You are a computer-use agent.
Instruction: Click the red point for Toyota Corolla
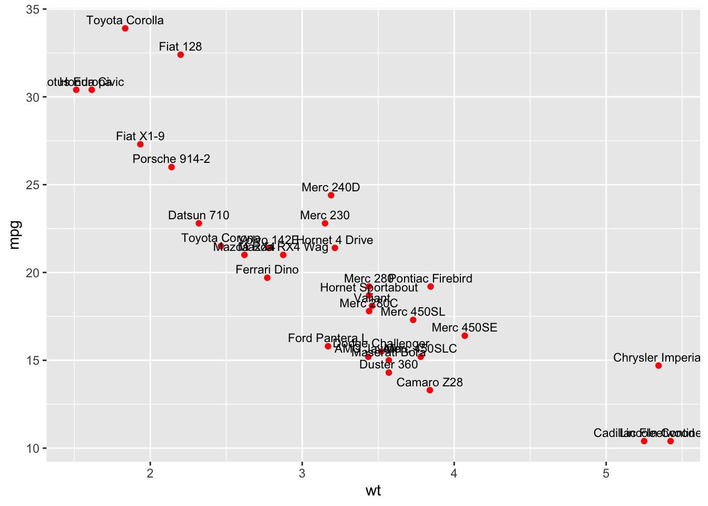point(125,28)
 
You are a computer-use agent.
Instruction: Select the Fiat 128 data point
point(181,55)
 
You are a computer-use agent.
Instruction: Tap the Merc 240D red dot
point(331,196)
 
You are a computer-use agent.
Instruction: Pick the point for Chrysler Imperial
point(658,366)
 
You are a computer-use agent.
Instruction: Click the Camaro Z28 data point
point(430,391)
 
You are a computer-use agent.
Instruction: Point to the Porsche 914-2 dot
point(171,167)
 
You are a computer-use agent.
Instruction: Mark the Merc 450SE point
point(465,336)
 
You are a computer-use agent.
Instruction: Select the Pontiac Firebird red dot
point(430,287)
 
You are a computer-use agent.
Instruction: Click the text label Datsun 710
point(199,215)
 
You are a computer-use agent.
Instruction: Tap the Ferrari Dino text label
point(267,270)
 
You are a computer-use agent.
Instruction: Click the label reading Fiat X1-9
point(140,137)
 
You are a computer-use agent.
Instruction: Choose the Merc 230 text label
point(324,215)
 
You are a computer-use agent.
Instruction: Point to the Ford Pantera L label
point(327,338)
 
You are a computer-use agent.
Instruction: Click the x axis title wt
point(373,491)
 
